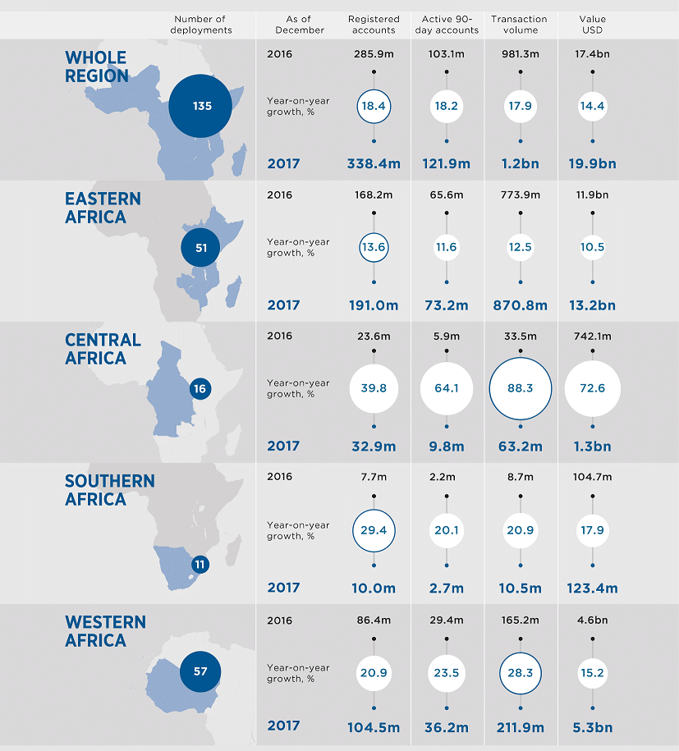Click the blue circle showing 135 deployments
click(201, 106)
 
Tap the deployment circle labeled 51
click(201, 247)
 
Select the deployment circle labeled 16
click(200, 388)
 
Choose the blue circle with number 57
click(200, 671)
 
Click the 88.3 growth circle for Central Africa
click(521, 388)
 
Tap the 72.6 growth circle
click(593, 387)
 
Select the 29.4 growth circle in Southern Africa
click(374, 530)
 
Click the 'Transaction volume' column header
click(521, 25)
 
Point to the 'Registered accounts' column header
click(374, 25)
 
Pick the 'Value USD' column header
click(593, 25)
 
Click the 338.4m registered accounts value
click(374, 164)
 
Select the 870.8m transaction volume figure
click(521, 305)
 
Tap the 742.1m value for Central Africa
click(593, 336)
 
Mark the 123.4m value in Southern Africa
click(592, 588)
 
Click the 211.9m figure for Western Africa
click(521, 726)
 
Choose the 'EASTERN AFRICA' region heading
click(103, 208)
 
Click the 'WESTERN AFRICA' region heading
click(105, 631)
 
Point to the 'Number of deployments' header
click(201, 25)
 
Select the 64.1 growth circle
click(447, 388)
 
